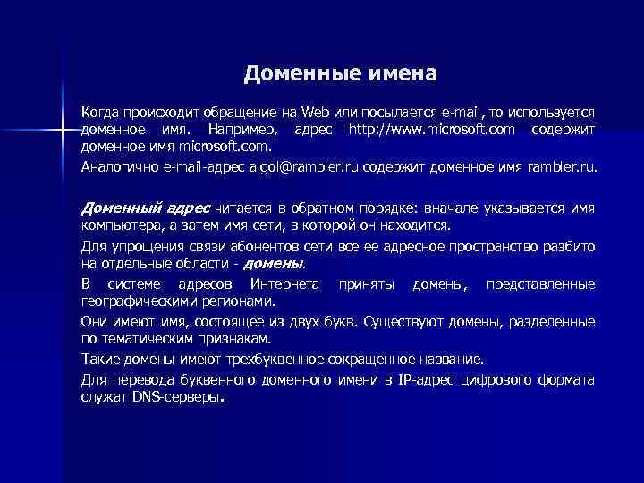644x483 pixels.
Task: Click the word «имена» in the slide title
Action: point(400,72)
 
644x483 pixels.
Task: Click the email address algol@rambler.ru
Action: point(304,166)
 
